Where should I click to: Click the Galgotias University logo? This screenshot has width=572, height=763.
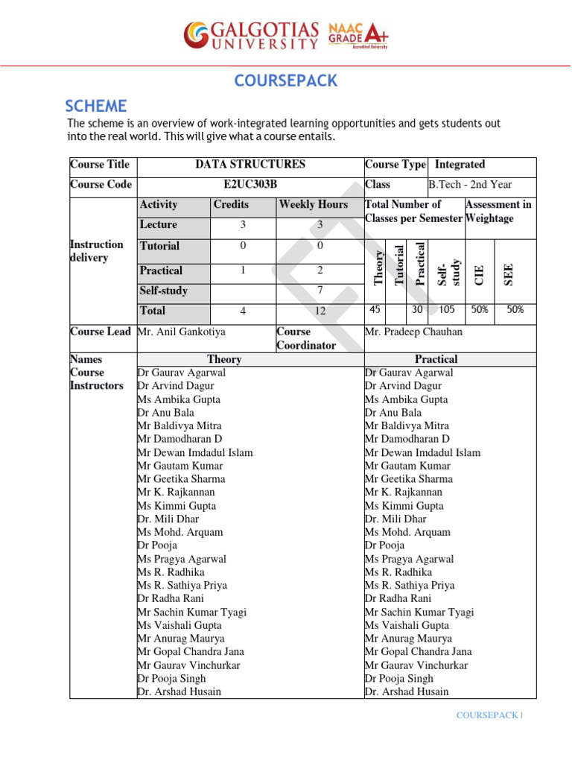click(x=251, y=35)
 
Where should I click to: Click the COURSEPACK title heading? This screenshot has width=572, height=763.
click(x=286, y=81)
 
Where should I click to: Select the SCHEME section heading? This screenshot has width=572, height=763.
click(x=96, y=106)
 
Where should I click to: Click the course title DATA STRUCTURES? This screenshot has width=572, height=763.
click(x=250, y=165)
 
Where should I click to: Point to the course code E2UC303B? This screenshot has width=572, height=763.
click(x=250, y=185)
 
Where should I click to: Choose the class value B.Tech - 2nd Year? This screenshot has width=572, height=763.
click(x=470, y=185)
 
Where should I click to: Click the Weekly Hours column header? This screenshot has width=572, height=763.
click(x=314, y=204)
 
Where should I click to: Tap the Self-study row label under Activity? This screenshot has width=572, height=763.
click(x=164, y=291)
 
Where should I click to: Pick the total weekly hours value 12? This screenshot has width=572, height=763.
click(x=320, y=311)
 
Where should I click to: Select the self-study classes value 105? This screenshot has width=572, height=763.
click(x=446, y=310)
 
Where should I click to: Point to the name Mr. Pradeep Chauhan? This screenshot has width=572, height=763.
click(x=412, y=332)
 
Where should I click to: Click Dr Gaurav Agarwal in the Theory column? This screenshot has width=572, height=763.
click(x=182, y=373)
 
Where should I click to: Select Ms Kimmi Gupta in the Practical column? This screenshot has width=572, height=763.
click(x=404, y=506)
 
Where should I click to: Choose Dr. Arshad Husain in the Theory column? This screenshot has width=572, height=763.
click(x=179, y=691)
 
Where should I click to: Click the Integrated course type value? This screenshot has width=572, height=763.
click(x=460, y=165)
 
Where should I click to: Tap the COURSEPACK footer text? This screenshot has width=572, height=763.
click(x=487, y=715)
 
